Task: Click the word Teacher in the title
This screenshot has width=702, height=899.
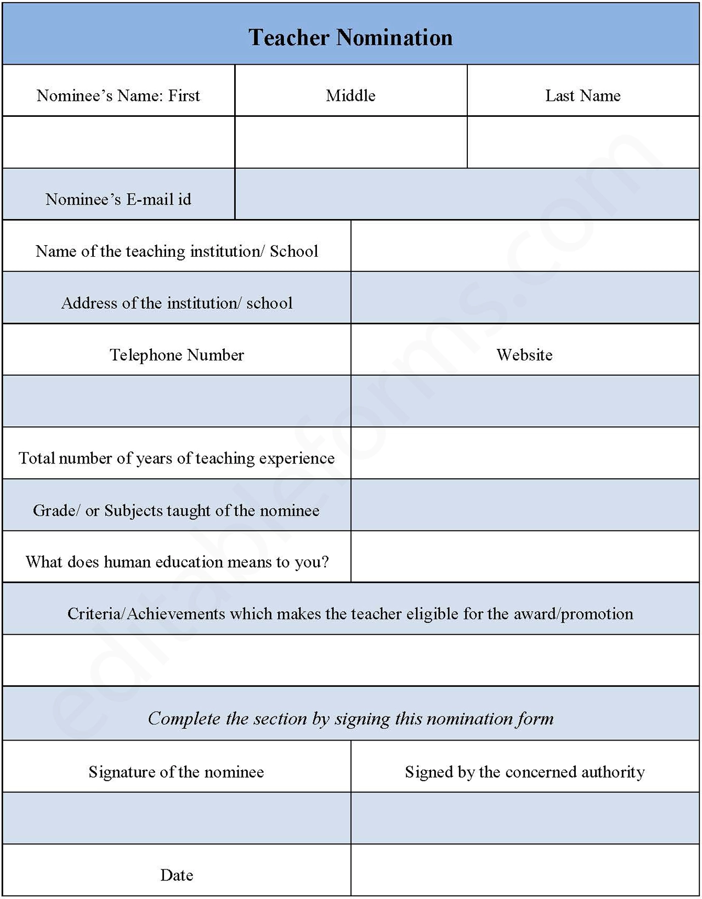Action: tap(288, 38)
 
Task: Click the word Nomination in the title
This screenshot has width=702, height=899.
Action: tap(394, 38)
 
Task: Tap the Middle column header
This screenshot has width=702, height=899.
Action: tap(350, 96)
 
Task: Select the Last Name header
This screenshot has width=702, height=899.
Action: tap(582, 96)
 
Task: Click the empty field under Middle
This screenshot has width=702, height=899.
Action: tap(350, 142)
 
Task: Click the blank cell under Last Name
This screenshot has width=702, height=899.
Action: tap(583, 142)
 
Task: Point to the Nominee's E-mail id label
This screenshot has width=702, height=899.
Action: tap(118, 199)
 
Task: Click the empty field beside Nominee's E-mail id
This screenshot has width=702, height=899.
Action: tap(467, 194)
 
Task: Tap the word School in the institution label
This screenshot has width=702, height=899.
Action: tap(294, 251)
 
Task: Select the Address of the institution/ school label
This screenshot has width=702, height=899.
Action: tap(177, 303)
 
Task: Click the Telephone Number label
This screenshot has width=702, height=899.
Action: tap(177, 355)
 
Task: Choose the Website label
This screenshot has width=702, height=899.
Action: tap(524, 355)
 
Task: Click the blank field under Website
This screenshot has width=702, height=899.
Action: tap(525, 401)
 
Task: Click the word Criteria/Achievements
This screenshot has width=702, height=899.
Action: tap(146, 614)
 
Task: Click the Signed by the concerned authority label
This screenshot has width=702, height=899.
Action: tap(524, 772)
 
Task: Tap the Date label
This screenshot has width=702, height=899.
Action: tap(177, 875)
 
